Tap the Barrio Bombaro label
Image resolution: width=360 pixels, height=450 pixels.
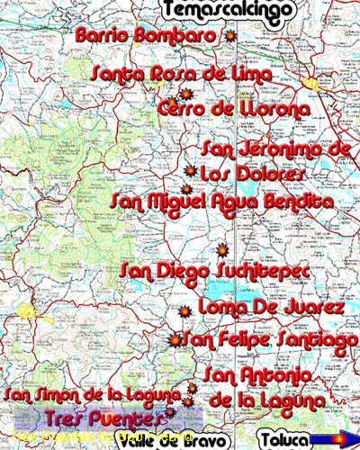tap(147, 36)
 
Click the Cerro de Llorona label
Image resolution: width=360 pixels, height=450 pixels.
tap(233, 109)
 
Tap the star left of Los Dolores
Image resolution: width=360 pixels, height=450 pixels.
tap(190, 170)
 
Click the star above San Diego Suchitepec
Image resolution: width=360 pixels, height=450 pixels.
tap(222, 250)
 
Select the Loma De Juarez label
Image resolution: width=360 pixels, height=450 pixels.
tap(271, 308)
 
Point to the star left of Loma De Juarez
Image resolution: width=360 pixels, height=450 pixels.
tap(184, 311)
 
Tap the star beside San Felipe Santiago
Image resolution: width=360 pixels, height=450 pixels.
tap(175, 340)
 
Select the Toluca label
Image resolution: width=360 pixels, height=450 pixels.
tap(285, 439)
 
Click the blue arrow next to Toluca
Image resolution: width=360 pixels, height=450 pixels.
tap(330, 439)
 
